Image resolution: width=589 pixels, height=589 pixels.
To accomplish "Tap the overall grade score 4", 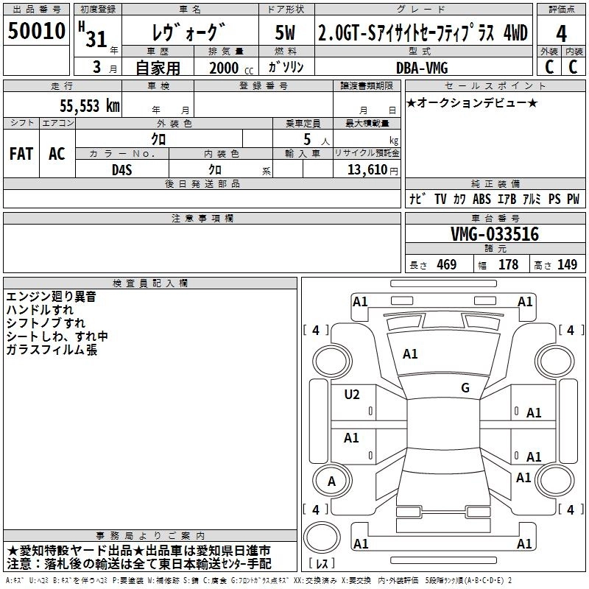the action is [x=561, y=34].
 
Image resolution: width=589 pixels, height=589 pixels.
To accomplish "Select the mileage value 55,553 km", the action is [x=80, y=106].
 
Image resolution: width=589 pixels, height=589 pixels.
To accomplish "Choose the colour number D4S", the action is [x=122, y=169].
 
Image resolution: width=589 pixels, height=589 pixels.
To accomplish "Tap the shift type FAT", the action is [x=21, y=154].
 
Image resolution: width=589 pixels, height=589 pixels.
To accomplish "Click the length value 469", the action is [x=446, y=265].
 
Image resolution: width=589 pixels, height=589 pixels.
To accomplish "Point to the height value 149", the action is [x=567, y=265].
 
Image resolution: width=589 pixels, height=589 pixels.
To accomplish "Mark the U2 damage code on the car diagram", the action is [x=352, y=395].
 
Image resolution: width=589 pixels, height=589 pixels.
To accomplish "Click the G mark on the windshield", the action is [x=465, y=388].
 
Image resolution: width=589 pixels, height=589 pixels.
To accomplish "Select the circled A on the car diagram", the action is [x=331, y=482].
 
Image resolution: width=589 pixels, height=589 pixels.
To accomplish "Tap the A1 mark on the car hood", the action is [x=410, y=354].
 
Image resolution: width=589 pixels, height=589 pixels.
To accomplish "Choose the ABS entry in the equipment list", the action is [x=482, y=199].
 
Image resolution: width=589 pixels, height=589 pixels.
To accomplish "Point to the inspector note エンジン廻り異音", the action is [x=51, y=297].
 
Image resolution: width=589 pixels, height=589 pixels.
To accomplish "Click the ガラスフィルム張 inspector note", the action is [x=51, y=350].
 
